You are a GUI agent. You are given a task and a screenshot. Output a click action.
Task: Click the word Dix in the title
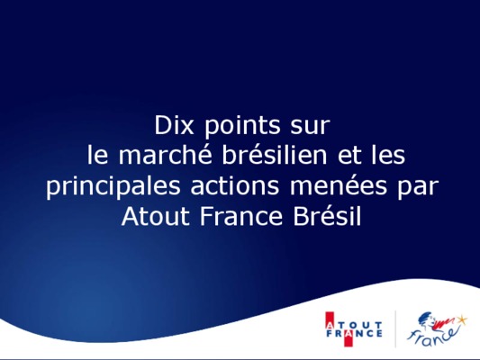click(174, 125)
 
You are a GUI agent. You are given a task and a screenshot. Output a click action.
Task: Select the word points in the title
click(242, 127)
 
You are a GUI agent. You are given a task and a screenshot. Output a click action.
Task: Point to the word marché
click(165, 155)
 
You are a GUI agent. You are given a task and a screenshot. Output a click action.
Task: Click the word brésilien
click(275, 155)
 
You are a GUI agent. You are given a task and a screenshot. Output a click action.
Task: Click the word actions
click(235, 185)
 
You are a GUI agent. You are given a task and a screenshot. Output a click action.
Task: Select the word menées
click(339, 185)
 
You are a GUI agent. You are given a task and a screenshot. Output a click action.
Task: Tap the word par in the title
click(418, 188)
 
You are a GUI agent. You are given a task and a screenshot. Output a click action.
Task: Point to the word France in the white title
click(241, 216)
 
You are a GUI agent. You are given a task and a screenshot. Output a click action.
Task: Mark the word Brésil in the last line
click(327, 216)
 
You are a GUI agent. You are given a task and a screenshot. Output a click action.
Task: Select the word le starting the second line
click(97, 155)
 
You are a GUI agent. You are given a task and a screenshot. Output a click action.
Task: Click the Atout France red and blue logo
click(354, 329)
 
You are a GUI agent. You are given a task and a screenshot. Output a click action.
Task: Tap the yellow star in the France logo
click(462, 319)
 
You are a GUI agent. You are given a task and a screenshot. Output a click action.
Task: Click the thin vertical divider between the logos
click(395, 329)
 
